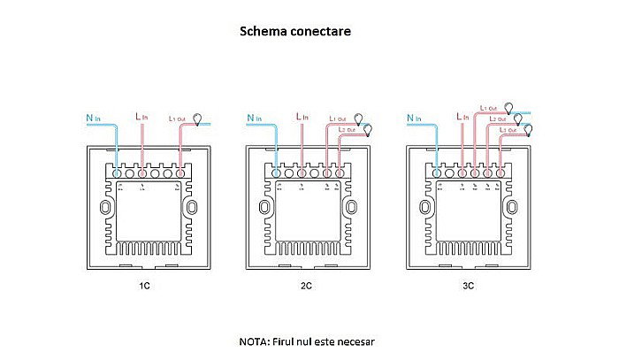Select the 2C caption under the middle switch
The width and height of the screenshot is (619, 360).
click(x=306, y=287)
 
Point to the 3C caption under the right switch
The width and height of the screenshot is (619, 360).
click(x=466, y=287)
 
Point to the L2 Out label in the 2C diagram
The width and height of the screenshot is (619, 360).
click(x=347, y=130)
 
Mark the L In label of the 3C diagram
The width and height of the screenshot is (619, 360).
click(x=460, y=116)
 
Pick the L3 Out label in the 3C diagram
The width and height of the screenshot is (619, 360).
click(x=510, y=130)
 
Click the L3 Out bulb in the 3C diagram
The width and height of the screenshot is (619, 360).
click(x=529, y=130)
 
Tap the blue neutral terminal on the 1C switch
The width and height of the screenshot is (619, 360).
click(x=117, y=174)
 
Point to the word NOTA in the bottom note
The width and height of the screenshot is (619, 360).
click(x=253, y=341)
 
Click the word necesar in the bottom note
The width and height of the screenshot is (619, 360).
click(x=362, y=341)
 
